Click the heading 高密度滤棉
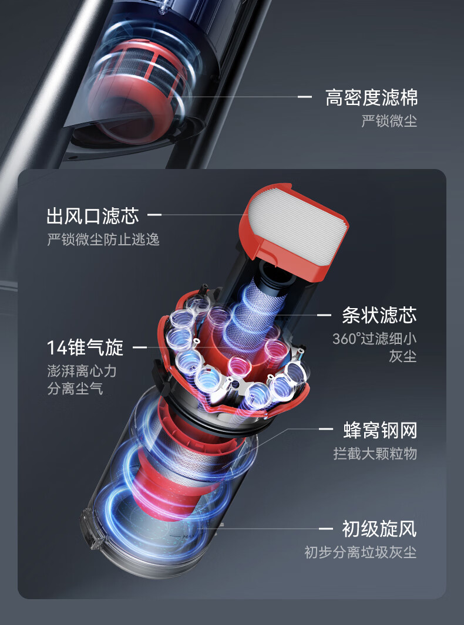pyautogui.click(x=371, y=97)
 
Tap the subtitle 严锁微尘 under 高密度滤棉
pyautogui.click(x=389, y=121)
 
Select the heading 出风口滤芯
pyautogui.click(x=93, y=215)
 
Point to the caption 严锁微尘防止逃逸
pyautogui.click(x=103, y=239)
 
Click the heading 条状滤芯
pyautogui.click(x=379, y=315)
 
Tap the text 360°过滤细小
pyautogui.click(x=374, y=339)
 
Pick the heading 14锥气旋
pyautogui.click(x=85, y=347)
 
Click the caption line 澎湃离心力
pyautogui.click(x=82, y=371)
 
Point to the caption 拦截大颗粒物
pyautogui.click(x=375, y=454)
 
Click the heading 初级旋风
pyautogui.click(x=379, y=528)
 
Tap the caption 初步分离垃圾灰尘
pyautogui.click(x=360, y=552)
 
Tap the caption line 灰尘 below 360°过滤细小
pyautogui.click(x=402, y=356)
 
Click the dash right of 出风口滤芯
pyautogui.click(x=154, y=215)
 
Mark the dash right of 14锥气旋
pyautogui.click(x=139, y=348)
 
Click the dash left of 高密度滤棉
pyautogui.click(x=305, y=97)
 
